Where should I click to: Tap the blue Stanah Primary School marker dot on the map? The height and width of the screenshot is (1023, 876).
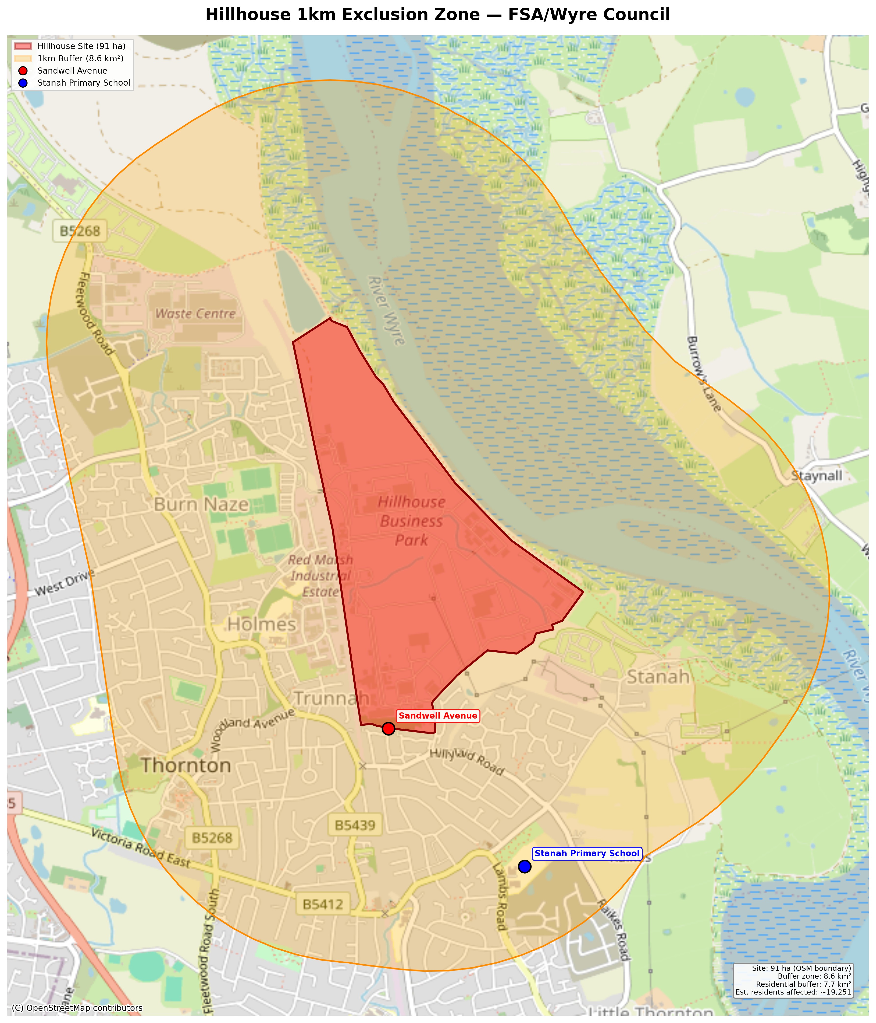524,866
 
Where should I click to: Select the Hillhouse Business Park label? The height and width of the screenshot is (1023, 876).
411,521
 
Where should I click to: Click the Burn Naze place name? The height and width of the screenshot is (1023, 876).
201,505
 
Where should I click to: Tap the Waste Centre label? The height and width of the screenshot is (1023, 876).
196,314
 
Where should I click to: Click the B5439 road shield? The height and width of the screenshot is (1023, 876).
355,826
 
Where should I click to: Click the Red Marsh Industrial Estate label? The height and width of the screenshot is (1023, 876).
320,576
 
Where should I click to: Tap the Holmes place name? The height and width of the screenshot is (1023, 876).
262,625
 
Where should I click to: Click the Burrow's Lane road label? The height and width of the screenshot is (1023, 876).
704,374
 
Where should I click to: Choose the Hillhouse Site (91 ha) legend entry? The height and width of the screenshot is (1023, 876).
81,46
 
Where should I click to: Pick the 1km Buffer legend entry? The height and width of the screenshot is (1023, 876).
80,58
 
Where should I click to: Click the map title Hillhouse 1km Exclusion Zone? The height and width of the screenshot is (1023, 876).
438,15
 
